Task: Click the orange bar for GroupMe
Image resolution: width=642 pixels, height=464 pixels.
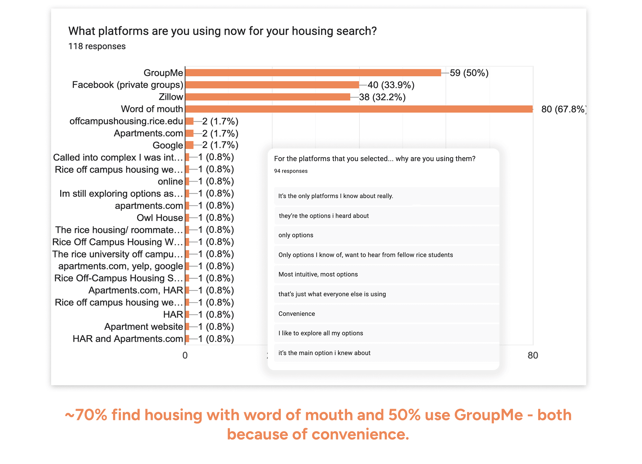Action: pyautogui.click(x=313, y=73)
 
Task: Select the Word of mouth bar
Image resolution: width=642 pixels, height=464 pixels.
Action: pyautogui.click(x=359, y=109)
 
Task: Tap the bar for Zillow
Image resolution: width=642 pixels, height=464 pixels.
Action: pyautogui.click(x=268, y=97)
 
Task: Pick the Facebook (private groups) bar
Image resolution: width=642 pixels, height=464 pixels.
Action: pyautogui.click(x=272, y=85)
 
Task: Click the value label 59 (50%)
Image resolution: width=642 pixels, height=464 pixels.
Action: pyautogui.click(x=469, y=73)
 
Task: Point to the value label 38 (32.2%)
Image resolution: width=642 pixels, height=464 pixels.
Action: pyautogui.click(x=382, y=97)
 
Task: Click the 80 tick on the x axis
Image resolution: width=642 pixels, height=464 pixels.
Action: pyautogui.click(x=533, y=355)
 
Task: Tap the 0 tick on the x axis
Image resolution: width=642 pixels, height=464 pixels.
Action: pyautogui.click(x=185, y=355)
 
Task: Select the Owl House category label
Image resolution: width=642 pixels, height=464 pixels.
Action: pyautogui.click(x=160, y=218)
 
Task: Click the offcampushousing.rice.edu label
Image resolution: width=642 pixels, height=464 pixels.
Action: pyautogui.click(x=126, y=121)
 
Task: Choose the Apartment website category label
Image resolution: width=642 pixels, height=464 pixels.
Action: pyautogui.click(x=143, y=327)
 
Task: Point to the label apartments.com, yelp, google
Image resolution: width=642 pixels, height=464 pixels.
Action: pyautogui.click(x=120, y=266)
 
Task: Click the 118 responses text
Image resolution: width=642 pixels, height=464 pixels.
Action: pyautogui.click(x=97, y=46)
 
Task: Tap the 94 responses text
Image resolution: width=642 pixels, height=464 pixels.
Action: pyautogui.click(x=290, y=171)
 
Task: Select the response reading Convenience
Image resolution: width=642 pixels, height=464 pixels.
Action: pyautogui.click(x=297, y=314)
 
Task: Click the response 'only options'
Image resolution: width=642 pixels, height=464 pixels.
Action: pyautogui.click(x=296, y=235)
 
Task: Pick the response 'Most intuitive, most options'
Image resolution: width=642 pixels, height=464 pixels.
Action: pyautogui.click(x=318, y=274)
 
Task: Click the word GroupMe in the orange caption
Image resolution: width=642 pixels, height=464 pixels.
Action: pyautogui.click(x=488, y=415)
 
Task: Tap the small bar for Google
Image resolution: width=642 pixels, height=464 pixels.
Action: pyautogui.click(x=189, y=145)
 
